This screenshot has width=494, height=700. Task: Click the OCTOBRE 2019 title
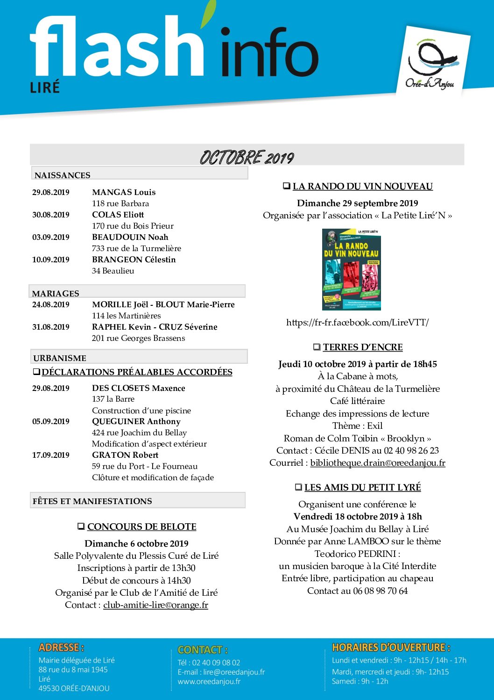pos(247,158)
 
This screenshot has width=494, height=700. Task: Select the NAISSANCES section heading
pos(63,175)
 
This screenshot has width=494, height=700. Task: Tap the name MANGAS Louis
pos(124,192)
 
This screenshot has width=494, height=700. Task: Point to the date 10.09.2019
pos(51,260)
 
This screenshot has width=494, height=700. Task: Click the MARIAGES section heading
pos(56,293)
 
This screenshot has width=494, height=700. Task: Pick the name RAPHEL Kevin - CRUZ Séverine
pos(155,327)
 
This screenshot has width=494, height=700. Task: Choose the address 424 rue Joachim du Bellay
pos(139,433)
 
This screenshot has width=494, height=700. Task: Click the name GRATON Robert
pos(125,455)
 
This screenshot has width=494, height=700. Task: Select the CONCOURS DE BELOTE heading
pos(141,527)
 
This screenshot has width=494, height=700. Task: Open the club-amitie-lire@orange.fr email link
pos(155,605)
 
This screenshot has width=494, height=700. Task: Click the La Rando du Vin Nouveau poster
pos(352,269)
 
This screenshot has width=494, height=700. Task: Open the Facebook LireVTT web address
pos(357,322)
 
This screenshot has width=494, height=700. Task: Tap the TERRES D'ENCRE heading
pos(362,347)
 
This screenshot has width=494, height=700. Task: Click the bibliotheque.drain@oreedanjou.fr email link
pos(377,463)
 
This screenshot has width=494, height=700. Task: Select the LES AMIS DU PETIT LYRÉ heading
pos(362,487)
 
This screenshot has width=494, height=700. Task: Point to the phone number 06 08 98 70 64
pos(380,591)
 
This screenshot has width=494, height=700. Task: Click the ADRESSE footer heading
pos(61,648)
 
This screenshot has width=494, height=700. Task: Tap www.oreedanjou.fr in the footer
pos(209,681)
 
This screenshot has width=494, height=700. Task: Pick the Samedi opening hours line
pos(360,681)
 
